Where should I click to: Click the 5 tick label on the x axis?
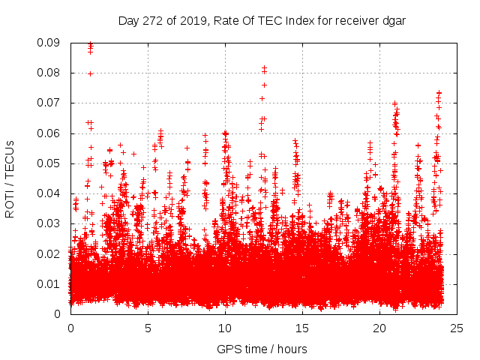click(148, 328)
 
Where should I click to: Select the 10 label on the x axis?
click(225, 328)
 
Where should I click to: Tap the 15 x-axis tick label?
click(302, 328)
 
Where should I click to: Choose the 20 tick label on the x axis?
click(379, 328)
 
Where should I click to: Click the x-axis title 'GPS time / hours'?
click(262, 349)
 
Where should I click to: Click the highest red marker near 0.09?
click(91, 44)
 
